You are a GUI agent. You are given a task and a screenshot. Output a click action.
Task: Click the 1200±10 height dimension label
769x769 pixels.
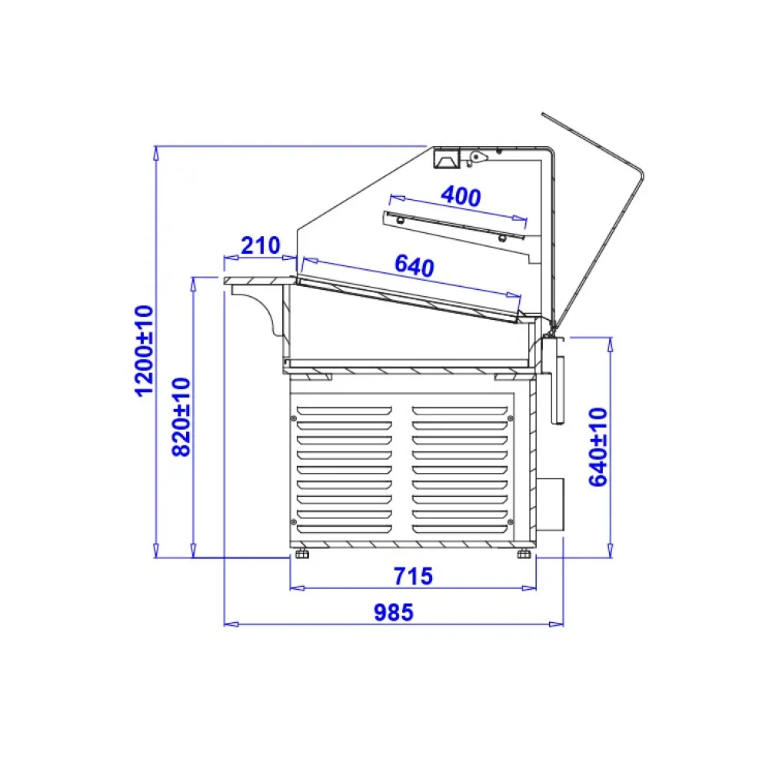coord(145,350)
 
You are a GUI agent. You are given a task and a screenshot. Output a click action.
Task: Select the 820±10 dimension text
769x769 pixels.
coord(181,417)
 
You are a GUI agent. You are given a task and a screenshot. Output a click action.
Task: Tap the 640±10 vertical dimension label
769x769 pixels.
coord(598,447)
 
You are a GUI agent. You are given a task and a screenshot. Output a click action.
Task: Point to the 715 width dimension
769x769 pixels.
coord(413,576)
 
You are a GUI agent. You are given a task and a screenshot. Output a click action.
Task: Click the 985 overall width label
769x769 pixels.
coord(394,613)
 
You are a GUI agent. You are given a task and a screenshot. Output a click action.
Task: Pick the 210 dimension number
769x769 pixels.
coord(261,245)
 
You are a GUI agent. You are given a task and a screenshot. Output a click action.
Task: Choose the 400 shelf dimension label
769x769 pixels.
coord(461,196)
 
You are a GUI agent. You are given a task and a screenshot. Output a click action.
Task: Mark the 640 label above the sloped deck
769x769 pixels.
coord(414,266)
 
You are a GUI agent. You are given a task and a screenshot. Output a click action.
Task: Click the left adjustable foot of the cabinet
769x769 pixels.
coord(302,554)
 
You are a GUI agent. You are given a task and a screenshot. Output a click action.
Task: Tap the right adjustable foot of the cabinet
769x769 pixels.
coord(524,554)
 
